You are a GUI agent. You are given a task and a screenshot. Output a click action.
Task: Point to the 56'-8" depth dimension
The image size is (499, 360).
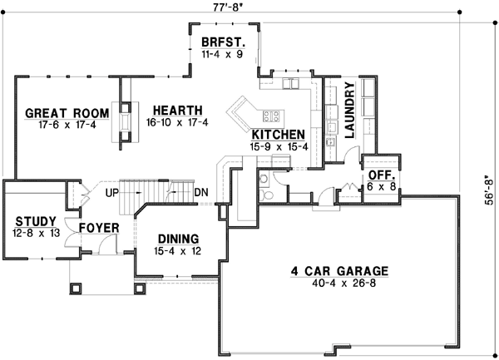tap(492, 189)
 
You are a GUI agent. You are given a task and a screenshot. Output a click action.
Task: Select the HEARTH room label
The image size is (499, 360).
tap(175, 109)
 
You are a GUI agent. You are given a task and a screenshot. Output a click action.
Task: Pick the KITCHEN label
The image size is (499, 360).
tap(278, 135)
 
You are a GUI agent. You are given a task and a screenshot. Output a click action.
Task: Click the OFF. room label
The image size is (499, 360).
tap(382, 176)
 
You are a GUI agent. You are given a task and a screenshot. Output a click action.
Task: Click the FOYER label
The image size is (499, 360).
tap(99, 227)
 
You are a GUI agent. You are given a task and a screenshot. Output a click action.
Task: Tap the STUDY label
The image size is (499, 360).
tap(35, 221)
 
